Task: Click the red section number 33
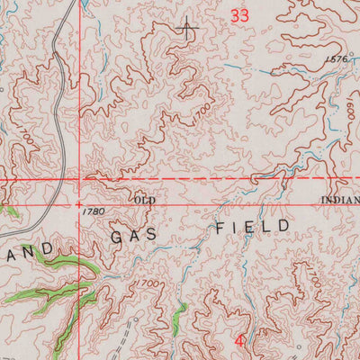click(x=238, y=15)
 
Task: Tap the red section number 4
click(x=239, y=342)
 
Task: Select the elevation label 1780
click(x=93, y=212)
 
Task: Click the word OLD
click(x=145, y=199)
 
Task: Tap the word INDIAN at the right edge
click(x=340, y=199)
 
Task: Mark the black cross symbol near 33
click(x=187, y=29)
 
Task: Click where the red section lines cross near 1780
click(x=78, y=180)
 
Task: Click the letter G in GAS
click(x=116, y=235)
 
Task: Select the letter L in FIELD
click(x=267, y=225)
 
